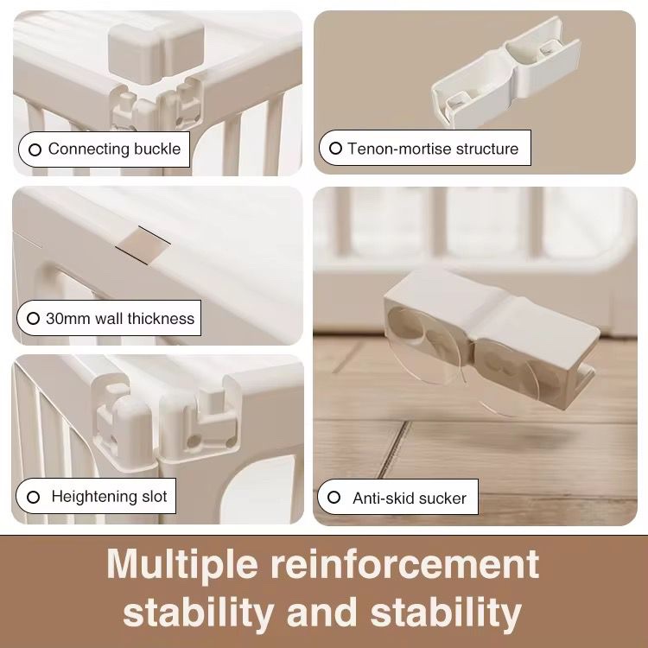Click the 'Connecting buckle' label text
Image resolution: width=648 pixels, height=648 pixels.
coord(114,149)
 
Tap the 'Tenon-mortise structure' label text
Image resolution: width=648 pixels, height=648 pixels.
coord(433,149)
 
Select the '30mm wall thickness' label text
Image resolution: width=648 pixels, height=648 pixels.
coord(120,319)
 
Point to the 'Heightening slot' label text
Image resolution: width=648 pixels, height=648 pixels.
coord(109,496)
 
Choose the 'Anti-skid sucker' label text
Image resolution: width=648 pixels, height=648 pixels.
coord(410,498)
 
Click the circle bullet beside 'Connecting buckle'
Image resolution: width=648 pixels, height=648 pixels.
coord(35,149)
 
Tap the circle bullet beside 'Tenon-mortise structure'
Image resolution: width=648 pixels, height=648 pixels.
coord(335,149)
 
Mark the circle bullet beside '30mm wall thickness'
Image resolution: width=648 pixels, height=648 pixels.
coord(33,319)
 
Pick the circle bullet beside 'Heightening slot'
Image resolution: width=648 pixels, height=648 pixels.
coord(33,497)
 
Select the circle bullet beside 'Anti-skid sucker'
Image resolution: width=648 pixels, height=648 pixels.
coord(334,497)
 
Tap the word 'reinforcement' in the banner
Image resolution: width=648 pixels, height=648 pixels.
coord(405,563)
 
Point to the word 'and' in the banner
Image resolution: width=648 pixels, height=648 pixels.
coord(322,611)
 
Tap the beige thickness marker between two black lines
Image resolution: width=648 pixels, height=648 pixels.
coord(143,245)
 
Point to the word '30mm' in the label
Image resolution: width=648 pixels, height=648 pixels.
coord(68,319)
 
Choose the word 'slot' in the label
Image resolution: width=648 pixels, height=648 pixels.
coord(154,496)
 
